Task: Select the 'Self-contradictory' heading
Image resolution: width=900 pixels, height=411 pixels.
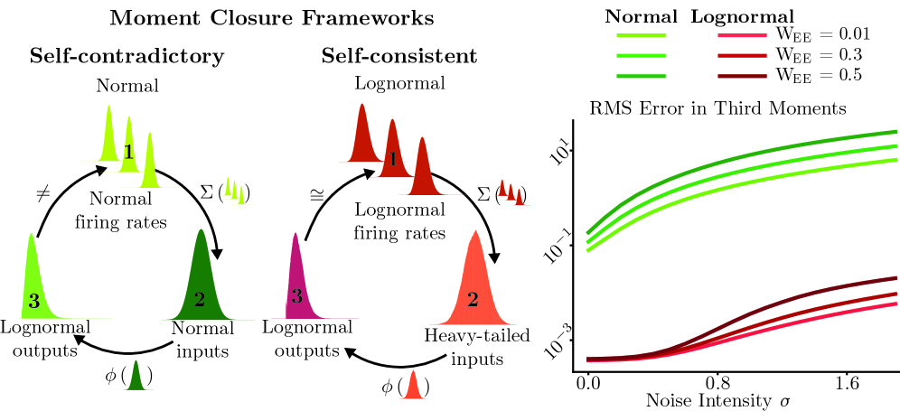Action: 127,56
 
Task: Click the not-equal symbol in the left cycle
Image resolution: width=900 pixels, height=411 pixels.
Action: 42,192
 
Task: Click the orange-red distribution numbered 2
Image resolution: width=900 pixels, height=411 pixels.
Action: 472,285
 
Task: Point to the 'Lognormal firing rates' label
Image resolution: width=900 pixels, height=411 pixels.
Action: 399,222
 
